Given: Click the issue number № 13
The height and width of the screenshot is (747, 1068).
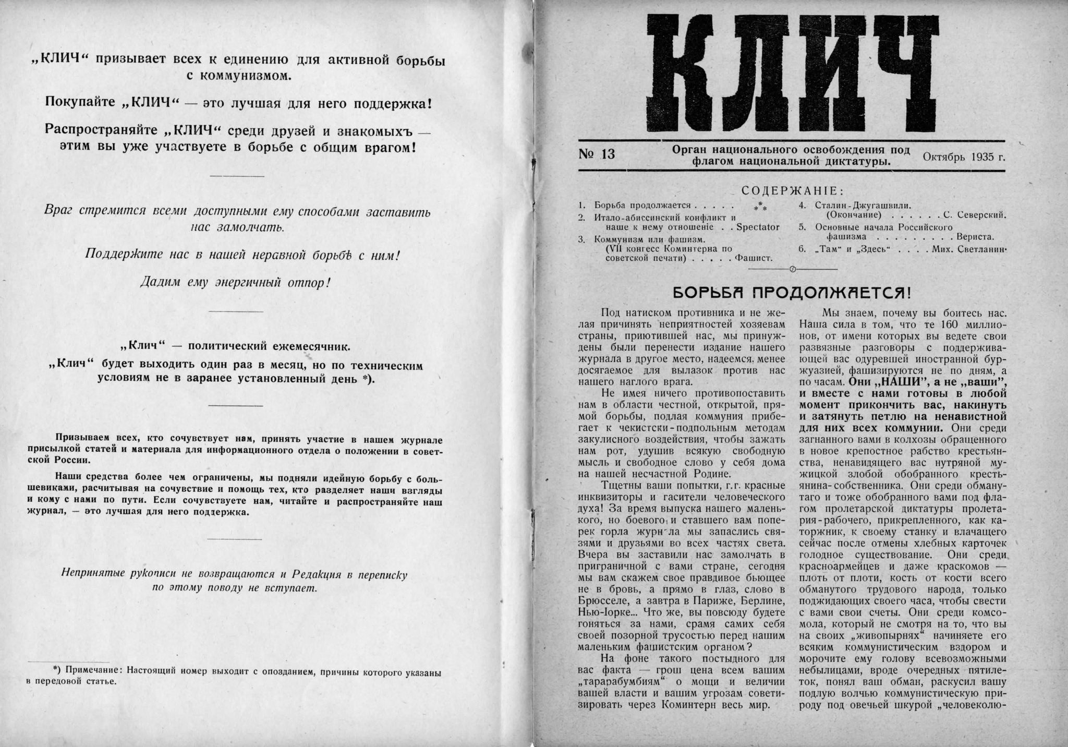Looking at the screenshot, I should [597, 154].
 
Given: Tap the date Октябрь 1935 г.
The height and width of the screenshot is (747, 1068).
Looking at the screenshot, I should [964, 156].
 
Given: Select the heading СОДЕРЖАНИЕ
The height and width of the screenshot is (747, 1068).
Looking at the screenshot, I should [793, 191].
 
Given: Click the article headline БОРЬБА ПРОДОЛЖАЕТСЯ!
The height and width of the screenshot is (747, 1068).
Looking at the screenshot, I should [793, 293].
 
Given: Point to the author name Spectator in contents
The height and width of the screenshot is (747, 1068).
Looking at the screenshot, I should [758, 227].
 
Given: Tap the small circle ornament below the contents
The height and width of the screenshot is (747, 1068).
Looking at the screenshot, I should [793, 269].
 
